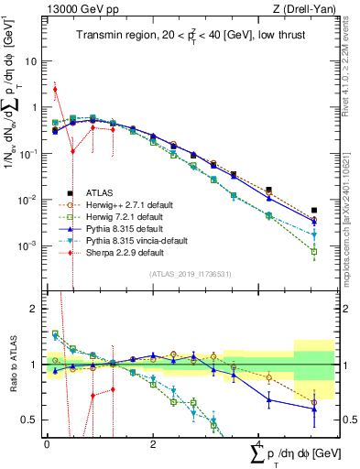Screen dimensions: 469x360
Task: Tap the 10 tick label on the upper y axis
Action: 30,61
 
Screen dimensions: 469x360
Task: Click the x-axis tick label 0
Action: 47,442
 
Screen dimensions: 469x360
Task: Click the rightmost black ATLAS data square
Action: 314,211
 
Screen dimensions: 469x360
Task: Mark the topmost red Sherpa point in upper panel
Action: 55,89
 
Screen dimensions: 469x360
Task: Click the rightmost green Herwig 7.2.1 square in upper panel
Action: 314,252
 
